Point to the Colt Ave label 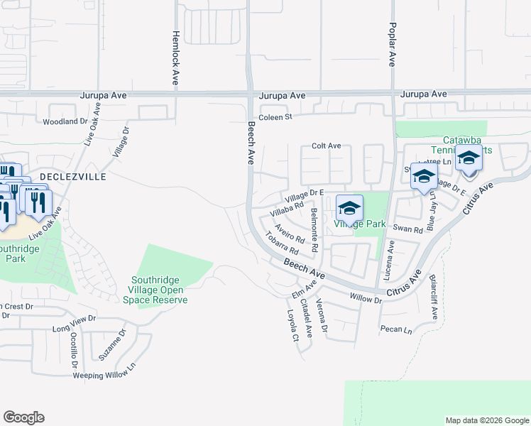[327, 146]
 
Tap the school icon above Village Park [349, 208]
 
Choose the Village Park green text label [360, 224]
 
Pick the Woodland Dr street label [65, 121]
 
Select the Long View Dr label [74, 324]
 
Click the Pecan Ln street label [397, 330]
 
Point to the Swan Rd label [407, 229]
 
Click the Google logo [23, 417]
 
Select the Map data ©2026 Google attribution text [486, 420]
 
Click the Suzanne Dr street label [113, 344]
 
